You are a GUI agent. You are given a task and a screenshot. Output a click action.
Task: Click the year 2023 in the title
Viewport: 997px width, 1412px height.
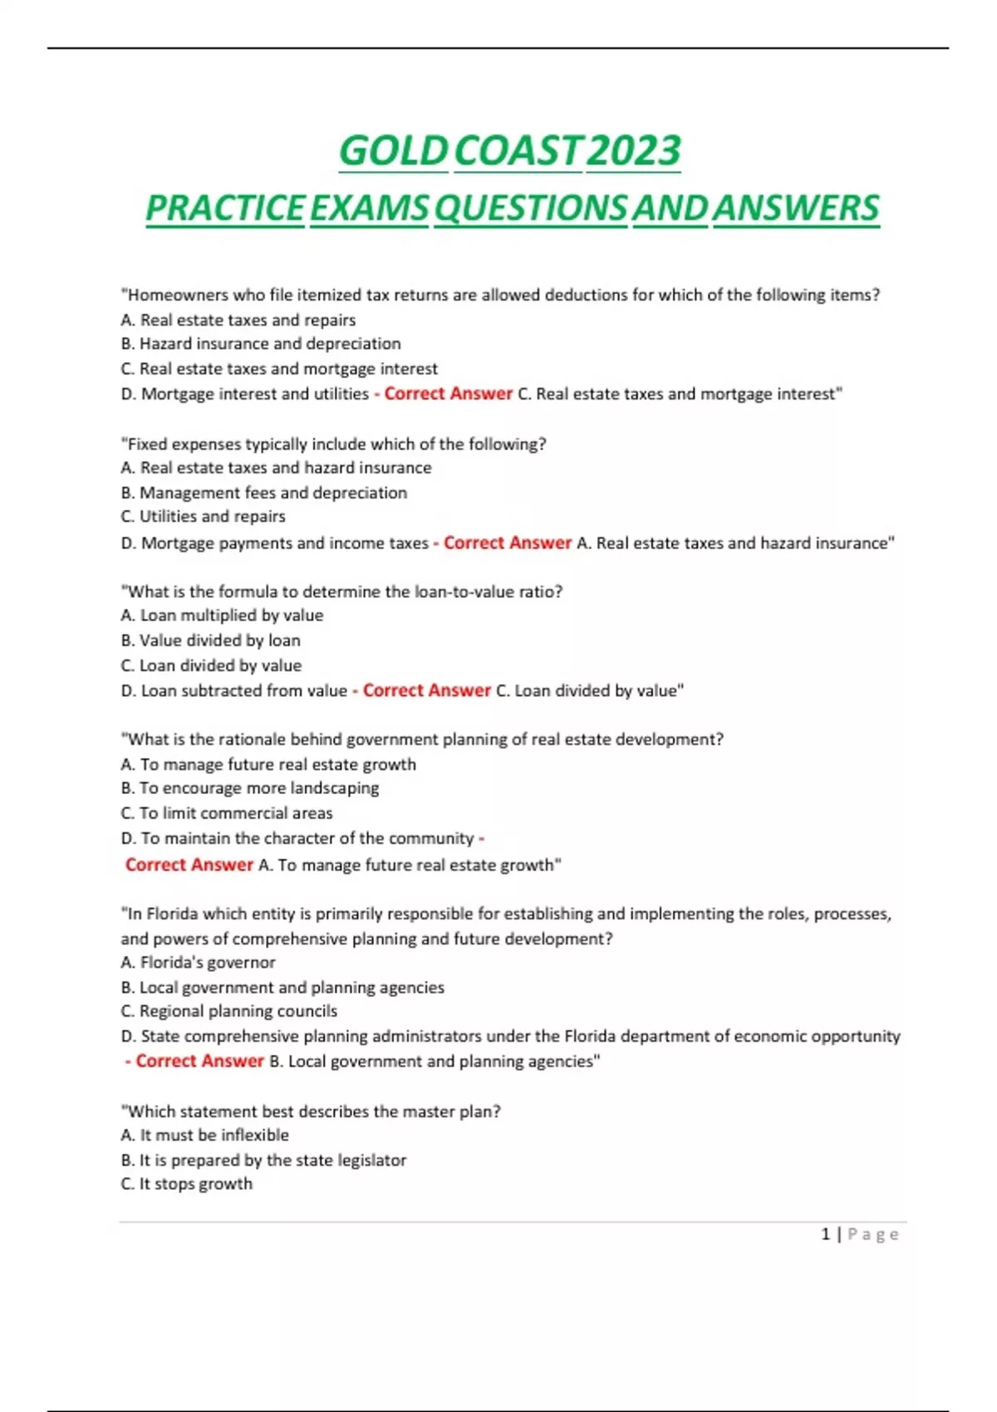pos(633,151)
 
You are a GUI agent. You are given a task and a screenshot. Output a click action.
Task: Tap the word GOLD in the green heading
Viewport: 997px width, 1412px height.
pos(393,151)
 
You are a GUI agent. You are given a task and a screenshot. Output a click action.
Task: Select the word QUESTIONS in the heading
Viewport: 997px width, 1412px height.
pos(530,208)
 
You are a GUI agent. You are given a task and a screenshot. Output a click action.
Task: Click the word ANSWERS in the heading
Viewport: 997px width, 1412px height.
pos(795,208)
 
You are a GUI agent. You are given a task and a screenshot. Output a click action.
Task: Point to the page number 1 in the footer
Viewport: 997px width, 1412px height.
pos(826,1234)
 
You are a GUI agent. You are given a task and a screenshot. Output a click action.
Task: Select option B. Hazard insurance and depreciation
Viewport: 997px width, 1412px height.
pos(261,344)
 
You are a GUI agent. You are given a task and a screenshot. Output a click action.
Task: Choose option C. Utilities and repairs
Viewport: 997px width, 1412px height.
pos(203,517)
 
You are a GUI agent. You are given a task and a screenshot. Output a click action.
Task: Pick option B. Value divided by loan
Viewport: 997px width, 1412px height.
pos(210,640)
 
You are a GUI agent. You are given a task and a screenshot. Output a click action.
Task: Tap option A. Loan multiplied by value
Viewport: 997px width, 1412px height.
pos(222,615)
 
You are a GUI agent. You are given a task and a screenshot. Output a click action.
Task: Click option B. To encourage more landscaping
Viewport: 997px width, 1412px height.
pos(250,788)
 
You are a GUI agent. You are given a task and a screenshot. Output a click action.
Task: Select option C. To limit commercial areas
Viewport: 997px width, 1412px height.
pos(226,813)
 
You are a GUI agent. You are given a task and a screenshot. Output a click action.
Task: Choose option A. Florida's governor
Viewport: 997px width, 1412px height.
pos(198,963)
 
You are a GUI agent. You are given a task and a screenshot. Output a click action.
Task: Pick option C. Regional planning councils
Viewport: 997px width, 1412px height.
pos(229,1012)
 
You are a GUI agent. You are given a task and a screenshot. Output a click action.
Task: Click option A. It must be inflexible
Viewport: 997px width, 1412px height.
pos(204,1135)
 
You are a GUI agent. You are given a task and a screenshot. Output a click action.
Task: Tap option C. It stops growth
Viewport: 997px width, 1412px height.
pos(186,1184)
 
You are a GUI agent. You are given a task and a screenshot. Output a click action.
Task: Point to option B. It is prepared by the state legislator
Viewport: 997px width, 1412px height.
pos(263,1160)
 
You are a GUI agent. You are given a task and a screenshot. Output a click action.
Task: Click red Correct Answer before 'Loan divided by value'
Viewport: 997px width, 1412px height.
pos(426,690)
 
